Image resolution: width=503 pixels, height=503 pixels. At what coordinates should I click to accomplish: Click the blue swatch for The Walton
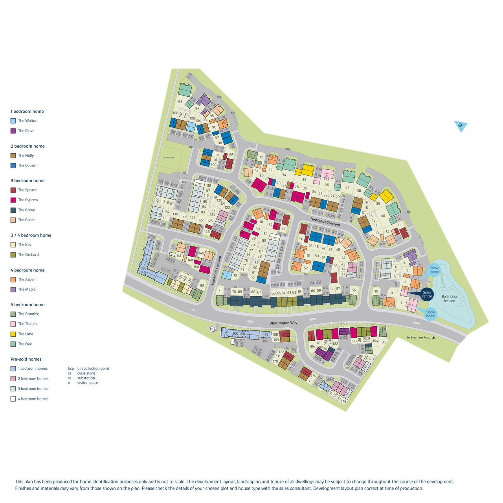coord(13,121)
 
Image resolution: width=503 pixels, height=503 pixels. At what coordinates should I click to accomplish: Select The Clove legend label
coord(26,131)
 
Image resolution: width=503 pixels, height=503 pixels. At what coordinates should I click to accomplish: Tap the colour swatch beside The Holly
coord(13,156)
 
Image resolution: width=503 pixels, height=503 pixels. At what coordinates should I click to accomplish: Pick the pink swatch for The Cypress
coord(13,200)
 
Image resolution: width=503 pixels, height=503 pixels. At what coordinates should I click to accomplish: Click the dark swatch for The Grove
coord(13,210)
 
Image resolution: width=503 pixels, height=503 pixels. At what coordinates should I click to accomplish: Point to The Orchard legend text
coord(28,255)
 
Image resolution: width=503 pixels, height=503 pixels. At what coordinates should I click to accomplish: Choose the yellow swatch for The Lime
coord(13,334)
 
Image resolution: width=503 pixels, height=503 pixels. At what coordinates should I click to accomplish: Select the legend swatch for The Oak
coord(13,344)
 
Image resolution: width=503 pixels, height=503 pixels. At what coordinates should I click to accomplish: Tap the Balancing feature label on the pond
coord(449,299)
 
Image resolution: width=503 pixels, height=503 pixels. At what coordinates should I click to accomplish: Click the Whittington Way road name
coord(283,323)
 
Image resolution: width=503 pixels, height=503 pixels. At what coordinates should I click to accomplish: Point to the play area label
coord(169,158)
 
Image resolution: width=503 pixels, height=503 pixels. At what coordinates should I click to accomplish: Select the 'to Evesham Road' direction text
coord(419,338)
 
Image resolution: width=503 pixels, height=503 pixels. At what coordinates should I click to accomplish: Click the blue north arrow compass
coord(461,126)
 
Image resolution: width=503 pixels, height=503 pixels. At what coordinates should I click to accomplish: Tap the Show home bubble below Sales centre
coord(431,314)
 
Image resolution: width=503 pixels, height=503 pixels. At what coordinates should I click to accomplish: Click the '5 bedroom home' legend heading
coord(28,305)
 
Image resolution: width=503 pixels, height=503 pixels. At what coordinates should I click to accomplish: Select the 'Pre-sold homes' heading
coord(26,359)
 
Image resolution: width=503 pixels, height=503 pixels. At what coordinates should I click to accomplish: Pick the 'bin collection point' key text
coord(93,369)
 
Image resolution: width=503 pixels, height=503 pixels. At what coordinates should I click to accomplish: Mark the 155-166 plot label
coord(239,334)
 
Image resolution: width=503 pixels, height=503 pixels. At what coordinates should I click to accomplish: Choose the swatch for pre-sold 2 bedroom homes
coord(13,379)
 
